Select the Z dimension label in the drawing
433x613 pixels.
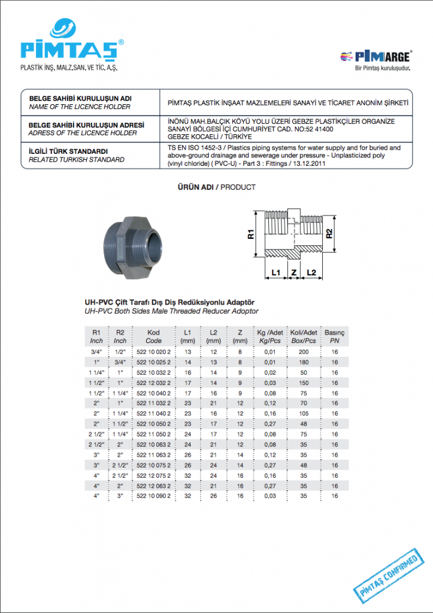coord(293,273)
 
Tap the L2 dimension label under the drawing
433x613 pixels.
coord(311,273)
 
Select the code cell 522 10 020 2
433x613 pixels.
coord(154,353)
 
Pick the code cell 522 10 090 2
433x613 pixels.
coord(154,496)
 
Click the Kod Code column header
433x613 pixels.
coord(154,336)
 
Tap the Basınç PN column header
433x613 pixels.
coord(334,336)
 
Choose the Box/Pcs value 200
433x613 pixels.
coord(304,353)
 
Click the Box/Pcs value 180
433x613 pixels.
coord(304,363)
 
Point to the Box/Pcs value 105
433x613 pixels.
coord(304,414)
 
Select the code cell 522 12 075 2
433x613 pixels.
coord(154,475)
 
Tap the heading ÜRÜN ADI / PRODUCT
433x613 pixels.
coord(216,187)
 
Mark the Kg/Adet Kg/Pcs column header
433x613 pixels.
coord(270,336)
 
